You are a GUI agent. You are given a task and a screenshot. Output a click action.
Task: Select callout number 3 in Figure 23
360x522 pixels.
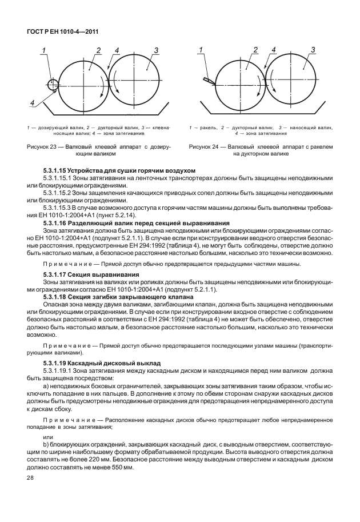point(155,51)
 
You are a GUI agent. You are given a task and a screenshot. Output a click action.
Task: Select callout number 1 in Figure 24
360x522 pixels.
point(201,51)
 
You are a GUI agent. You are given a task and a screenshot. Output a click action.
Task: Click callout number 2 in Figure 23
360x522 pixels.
point(98,51)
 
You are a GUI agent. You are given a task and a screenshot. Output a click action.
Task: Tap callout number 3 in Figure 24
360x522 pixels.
point(313,51)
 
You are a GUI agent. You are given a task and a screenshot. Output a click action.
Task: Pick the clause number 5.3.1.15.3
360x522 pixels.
point(60,208)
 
